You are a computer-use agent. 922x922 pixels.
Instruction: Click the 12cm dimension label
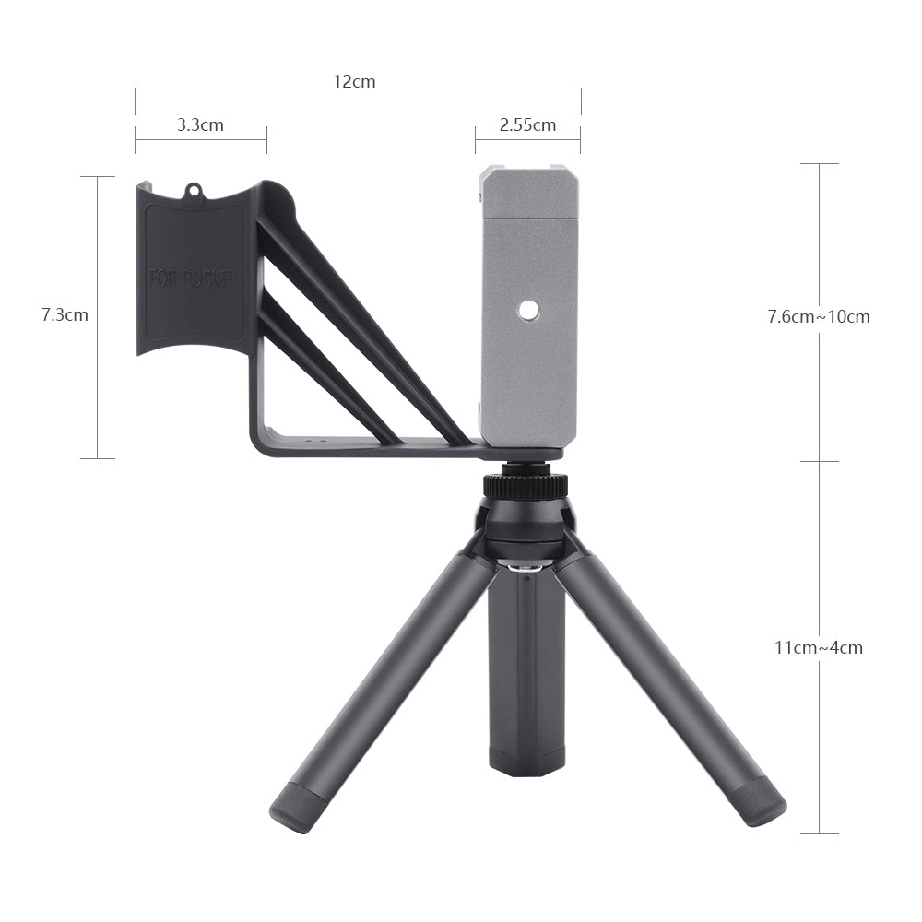pos(354,81)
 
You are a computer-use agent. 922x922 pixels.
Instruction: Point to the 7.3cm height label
pos(65,314)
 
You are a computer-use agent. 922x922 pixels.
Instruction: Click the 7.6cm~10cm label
pos(819,316)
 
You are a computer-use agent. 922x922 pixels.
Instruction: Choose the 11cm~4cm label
pos(819,647)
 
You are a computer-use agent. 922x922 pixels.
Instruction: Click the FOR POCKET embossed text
pos(193,278)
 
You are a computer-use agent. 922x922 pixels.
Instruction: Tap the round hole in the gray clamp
pos(527,311)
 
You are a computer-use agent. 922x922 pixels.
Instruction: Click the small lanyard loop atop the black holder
pos(194,190)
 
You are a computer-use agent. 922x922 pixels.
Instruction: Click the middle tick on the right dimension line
pos(819,461)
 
